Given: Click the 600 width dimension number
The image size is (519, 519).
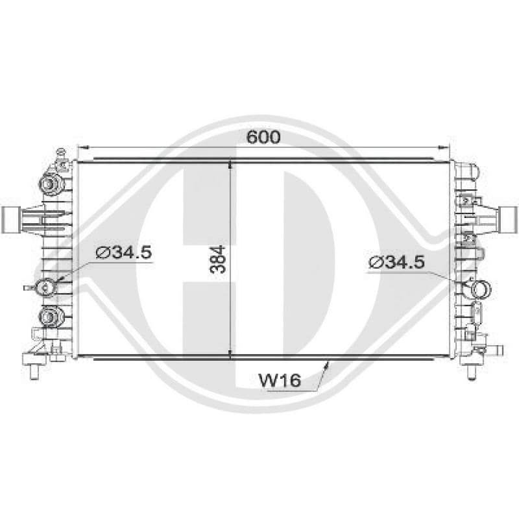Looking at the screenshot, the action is coord(263,137).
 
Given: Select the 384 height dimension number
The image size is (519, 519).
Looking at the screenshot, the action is coord(217,259).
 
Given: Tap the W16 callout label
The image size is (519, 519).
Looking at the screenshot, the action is coord(280,380).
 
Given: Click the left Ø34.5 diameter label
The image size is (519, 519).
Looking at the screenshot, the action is coord(123,252).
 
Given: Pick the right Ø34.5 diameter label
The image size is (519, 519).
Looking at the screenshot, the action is coord(396,263).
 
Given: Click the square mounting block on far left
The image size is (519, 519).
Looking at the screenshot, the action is coord(11,219).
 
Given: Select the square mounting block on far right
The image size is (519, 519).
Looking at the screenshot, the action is coord(509,218).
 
